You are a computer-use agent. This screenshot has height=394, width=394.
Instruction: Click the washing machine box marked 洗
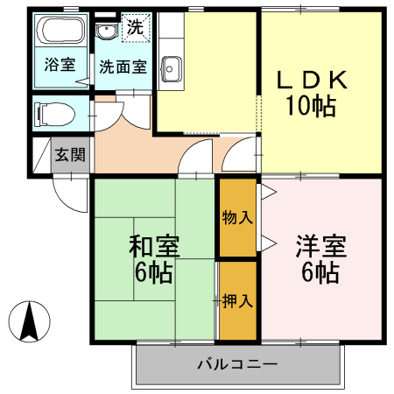point(134,27)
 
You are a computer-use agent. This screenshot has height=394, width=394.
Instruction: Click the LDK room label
point(313,81)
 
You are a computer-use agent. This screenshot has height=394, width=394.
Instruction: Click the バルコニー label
point(236,363)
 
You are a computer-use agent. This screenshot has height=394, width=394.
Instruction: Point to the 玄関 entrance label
point(69,156)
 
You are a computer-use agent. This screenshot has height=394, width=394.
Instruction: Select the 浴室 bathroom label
point(60,64)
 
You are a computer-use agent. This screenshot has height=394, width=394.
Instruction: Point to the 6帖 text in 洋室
point(321,272)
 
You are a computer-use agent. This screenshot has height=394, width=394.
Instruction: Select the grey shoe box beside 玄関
point(41,154)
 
